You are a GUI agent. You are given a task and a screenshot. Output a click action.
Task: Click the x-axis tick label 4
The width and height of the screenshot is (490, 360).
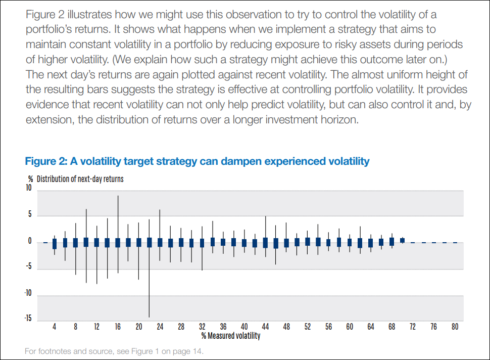point(55,327)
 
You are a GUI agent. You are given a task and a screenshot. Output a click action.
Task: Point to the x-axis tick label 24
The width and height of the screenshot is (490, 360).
point(160,327)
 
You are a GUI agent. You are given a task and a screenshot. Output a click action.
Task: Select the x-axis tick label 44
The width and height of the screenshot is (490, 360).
point(265,327)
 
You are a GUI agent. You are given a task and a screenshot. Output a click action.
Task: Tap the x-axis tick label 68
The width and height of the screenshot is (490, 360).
point(391,327)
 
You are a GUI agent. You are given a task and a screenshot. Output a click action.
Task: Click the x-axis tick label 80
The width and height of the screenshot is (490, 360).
point(455,327)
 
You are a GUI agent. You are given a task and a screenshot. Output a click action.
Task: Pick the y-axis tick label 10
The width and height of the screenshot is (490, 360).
point(28,188)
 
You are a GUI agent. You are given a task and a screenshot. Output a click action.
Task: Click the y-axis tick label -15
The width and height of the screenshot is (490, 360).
point(28,318)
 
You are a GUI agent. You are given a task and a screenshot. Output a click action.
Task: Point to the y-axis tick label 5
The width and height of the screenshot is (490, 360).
point(30,215)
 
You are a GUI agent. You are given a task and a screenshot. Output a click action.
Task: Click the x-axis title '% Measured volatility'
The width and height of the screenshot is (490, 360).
point(231,335)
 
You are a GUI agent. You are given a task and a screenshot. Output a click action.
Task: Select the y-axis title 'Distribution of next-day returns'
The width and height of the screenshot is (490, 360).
point(80,179)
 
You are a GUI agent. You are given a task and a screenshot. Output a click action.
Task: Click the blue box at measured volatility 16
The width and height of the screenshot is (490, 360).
point(118,242)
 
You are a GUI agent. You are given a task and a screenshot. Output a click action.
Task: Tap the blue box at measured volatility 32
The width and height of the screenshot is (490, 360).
point(202,243)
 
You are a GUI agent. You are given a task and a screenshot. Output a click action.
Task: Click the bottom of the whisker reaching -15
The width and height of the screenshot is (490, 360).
point(149,317)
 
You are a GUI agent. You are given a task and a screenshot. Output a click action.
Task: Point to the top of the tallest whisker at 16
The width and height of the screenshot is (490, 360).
point(118,196)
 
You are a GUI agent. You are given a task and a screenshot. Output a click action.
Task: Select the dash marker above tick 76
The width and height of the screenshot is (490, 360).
point(434,243)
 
